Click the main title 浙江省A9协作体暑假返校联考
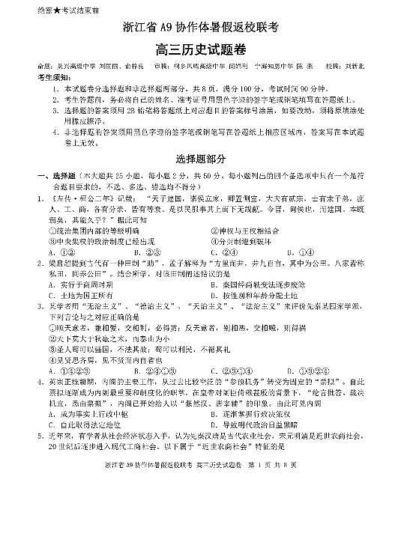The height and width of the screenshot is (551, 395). [x=200, y=28]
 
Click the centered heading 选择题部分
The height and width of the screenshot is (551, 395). [x=199, y=158]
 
